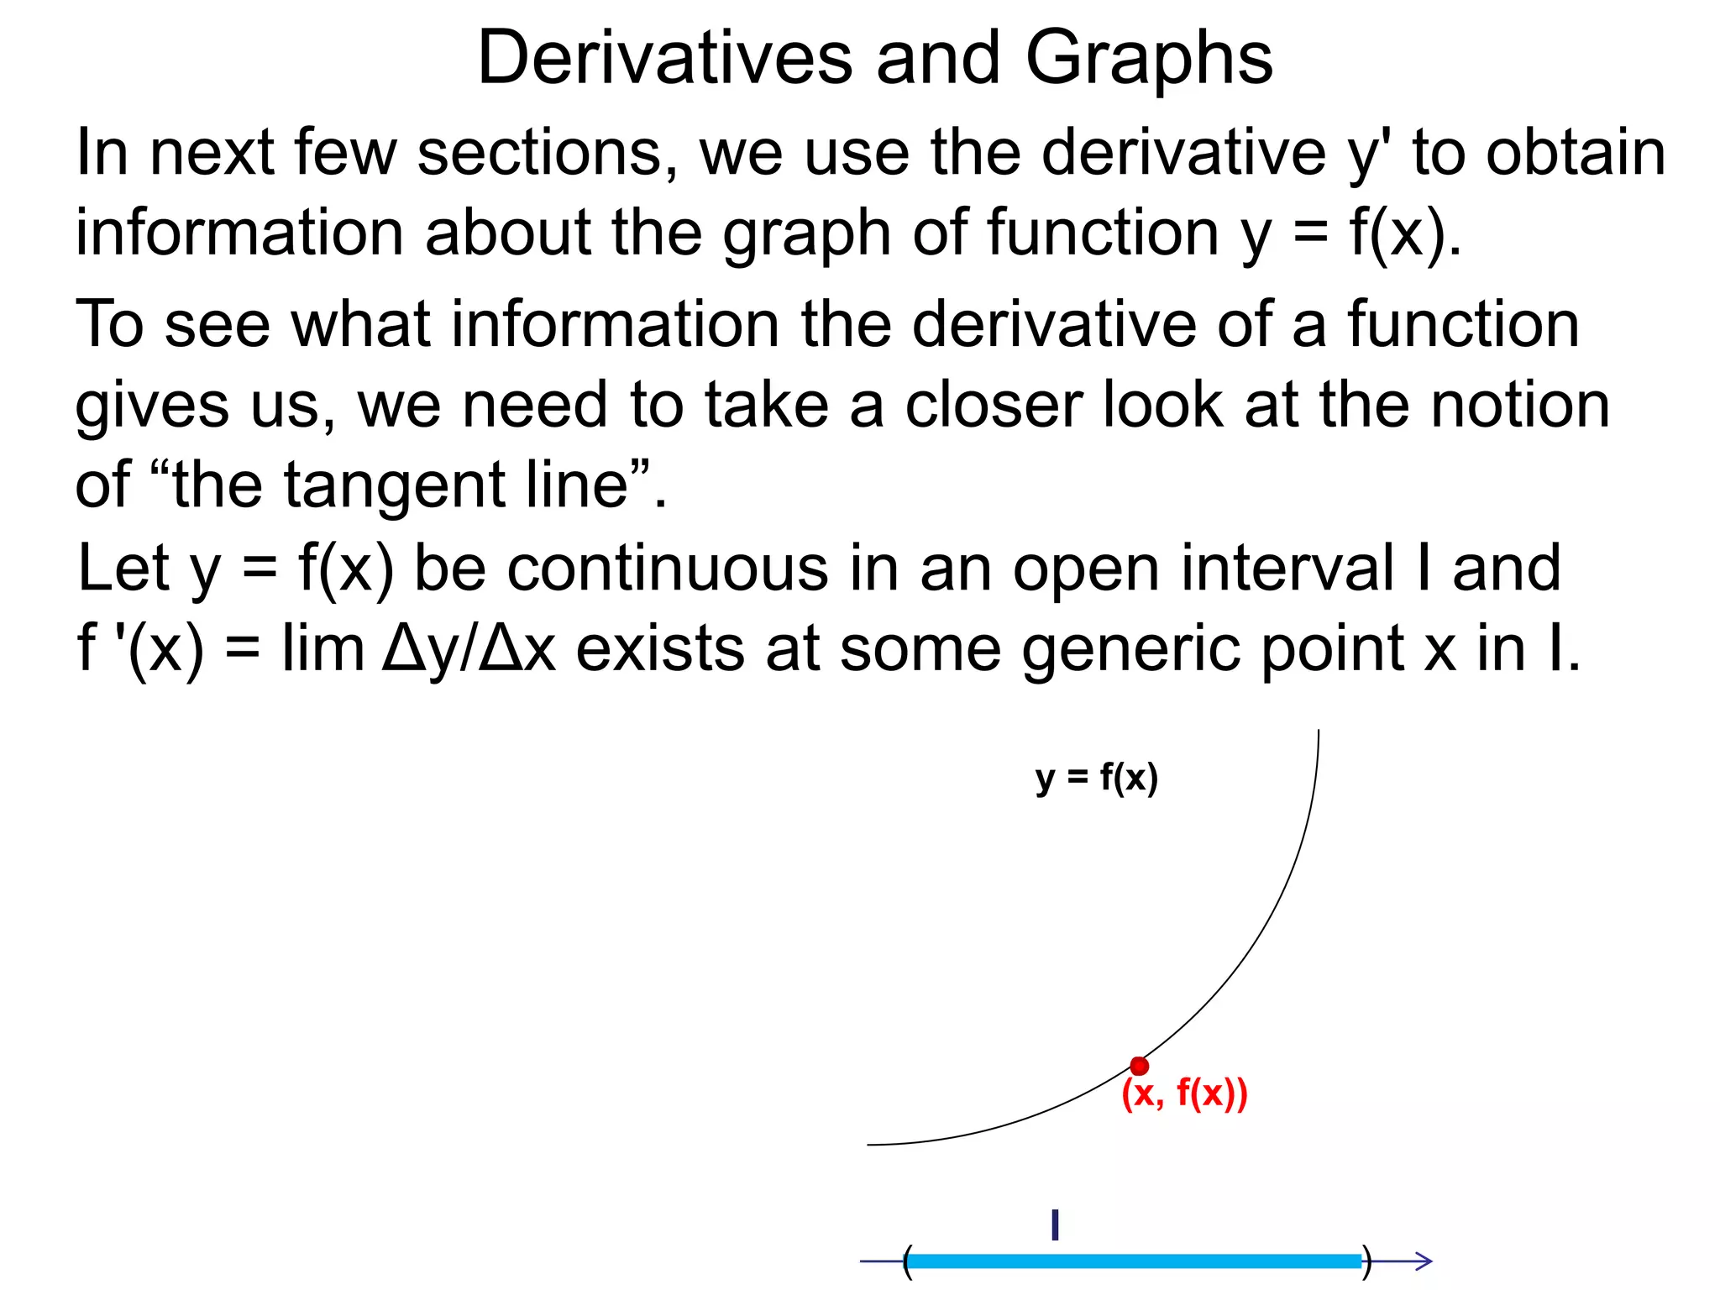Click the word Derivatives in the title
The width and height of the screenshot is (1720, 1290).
tap(663, 59)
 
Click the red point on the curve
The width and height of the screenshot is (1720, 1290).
tap(1139, 1066)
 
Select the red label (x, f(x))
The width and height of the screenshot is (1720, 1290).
tap(1184, 1093)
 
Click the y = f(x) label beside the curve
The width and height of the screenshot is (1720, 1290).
tap(1096, 778)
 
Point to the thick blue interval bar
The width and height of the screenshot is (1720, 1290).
tap(1134, 1261)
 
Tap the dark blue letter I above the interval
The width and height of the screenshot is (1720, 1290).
tap(1055, 1225)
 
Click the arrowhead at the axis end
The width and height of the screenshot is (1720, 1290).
tap(1422, 1261)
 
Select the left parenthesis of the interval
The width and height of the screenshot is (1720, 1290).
tap(907, 1261)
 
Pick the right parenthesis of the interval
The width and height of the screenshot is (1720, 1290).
tap(1366, 1261)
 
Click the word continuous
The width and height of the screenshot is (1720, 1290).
tap(668, 569)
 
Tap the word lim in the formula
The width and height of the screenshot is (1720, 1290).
tap(322, 648)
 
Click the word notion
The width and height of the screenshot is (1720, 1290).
tap(1519, 405)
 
